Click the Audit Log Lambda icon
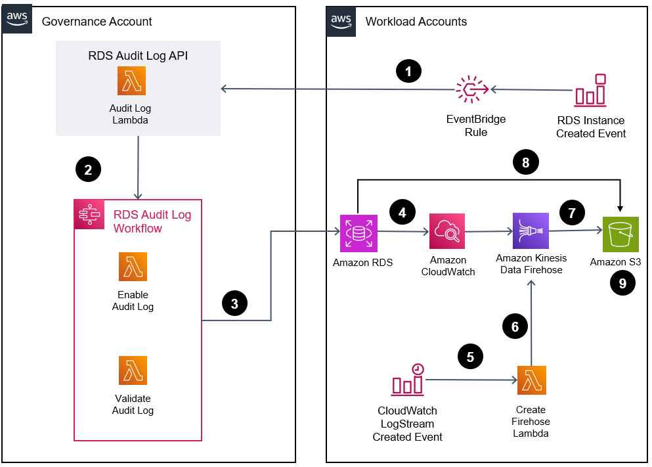(131, 81)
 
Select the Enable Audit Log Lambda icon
(133, 267)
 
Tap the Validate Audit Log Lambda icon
(133, 370)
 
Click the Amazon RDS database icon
(359, 233)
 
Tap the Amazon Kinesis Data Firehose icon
(531, 231)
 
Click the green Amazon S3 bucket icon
(620, 234)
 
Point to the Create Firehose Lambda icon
(531, 380)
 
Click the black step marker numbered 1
(409, 70)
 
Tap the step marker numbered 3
(234, 303)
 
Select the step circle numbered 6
(514, 326)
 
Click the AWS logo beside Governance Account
(19, 20)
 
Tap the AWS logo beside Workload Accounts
(341, 20)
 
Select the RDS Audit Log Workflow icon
(89, 215)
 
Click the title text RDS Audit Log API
(138, 56)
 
